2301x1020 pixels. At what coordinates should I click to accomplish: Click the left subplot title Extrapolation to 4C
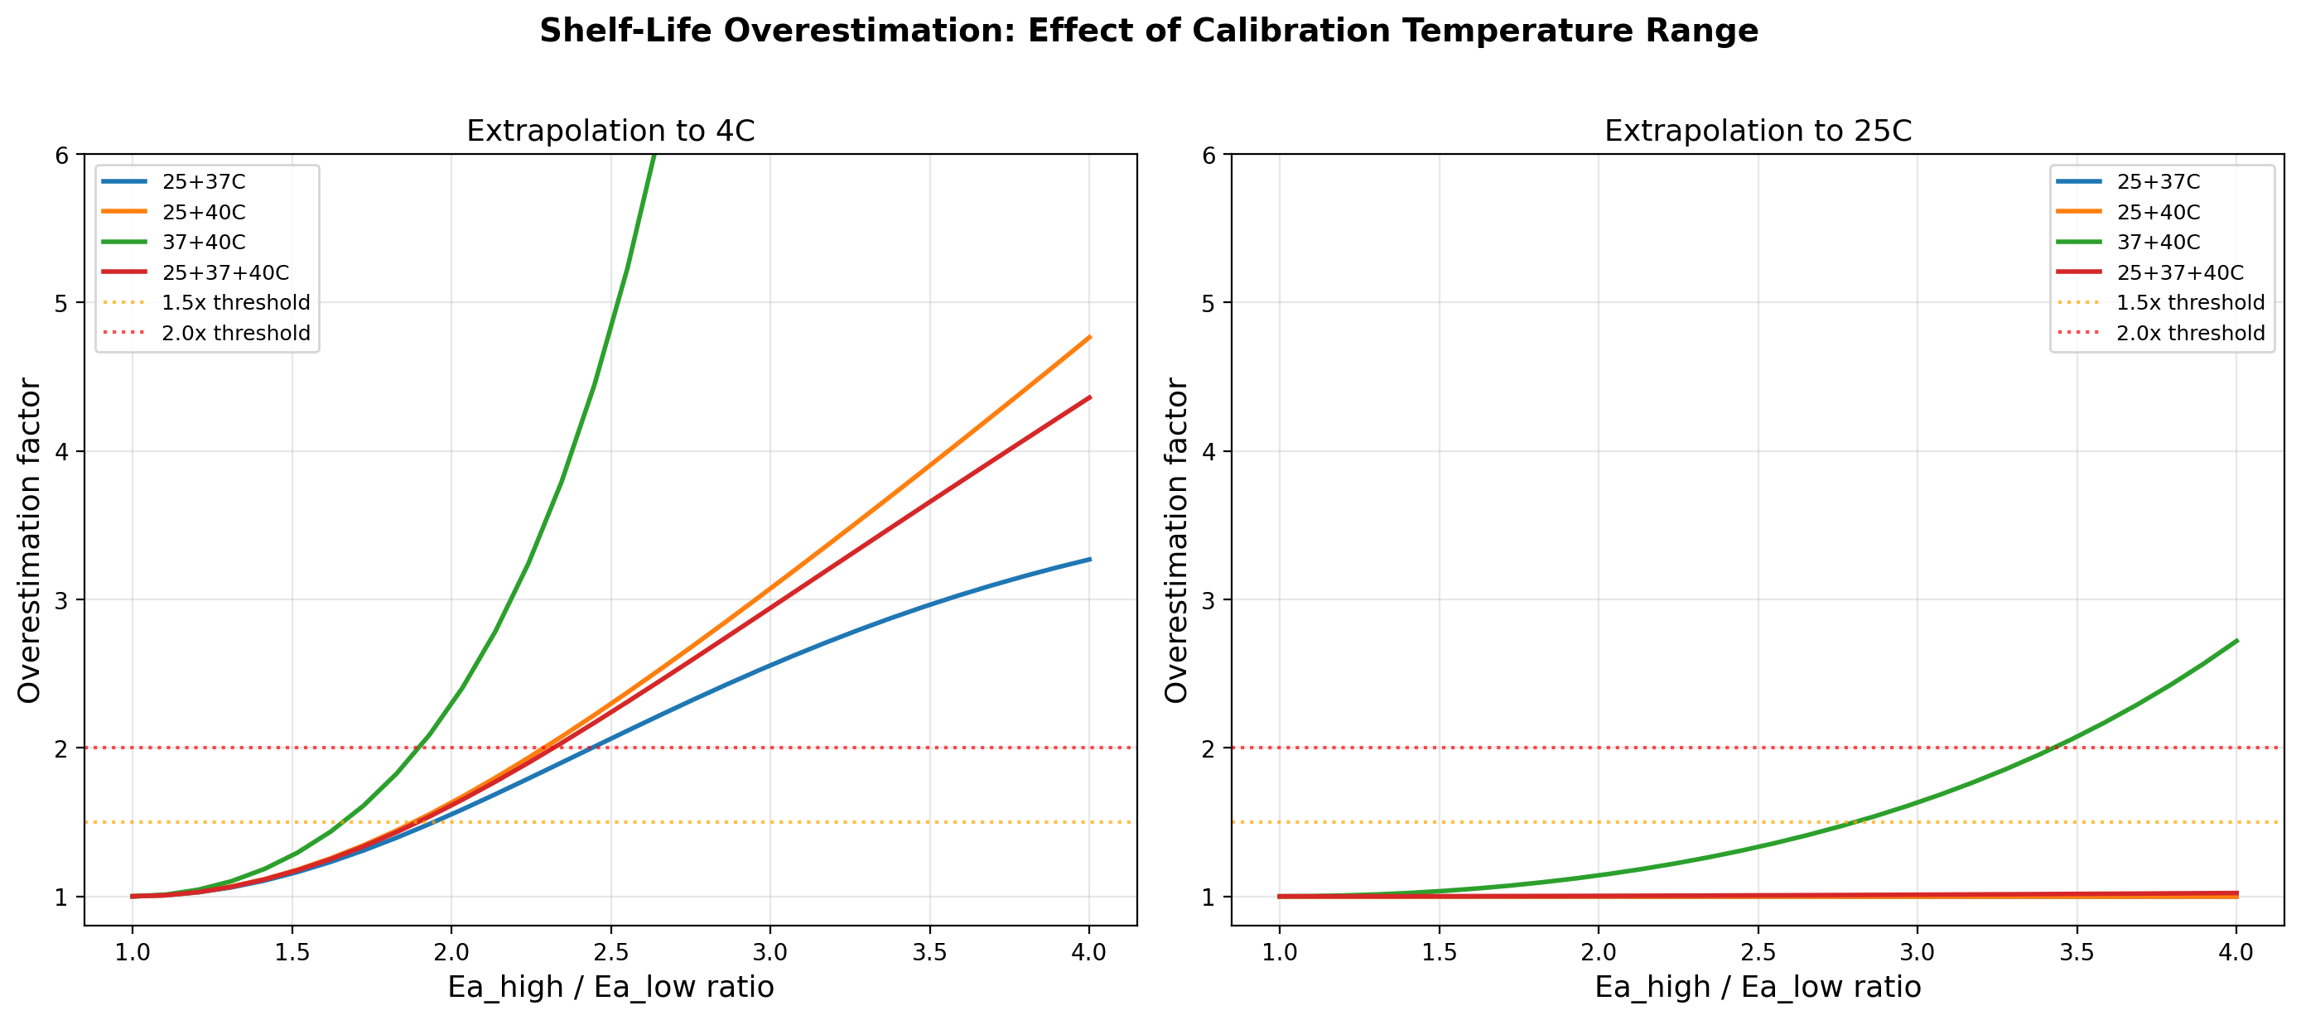(610, 132)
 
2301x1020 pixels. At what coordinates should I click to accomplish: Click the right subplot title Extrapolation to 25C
(1757, 132)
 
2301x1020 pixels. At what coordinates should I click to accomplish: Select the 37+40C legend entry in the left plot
(204, 242)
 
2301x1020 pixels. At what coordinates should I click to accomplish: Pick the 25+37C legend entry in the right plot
(2157, 182)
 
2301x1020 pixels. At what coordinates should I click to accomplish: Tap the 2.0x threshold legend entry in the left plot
(236, 333)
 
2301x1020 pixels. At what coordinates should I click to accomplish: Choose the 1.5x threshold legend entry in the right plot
(2189, 303)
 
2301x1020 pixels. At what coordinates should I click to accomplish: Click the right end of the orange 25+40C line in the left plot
(1089, 338)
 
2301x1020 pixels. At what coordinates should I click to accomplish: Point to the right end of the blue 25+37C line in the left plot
(1089, 559)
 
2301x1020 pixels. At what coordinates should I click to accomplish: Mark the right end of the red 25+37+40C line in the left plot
(1089, 397)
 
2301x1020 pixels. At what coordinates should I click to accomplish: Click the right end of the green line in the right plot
(2236, 641)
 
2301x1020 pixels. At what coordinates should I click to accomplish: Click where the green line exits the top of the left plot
(654, 156)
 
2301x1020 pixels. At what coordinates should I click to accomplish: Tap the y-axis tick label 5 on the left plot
(61, 303)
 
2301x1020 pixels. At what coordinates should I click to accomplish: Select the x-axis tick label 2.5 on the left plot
(610, 952)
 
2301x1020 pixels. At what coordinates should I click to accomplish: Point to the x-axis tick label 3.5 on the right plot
(2076, 952)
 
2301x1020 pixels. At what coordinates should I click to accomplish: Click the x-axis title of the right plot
(1757, 987)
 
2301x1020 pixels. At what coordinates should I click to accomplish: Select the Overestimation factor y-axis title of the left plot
(30, 541)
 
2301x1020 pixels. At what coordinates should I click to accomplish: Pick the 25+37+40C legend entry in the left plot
(225, 272)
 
